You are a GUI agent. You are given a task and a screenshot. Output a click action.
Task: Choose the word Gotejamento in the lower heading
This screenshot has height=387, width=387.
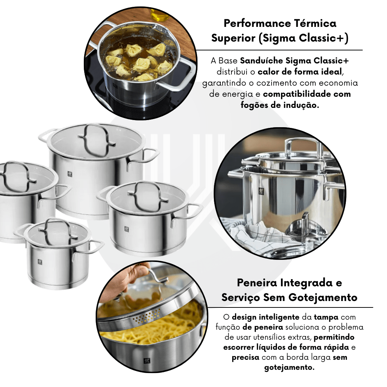pos(323,297)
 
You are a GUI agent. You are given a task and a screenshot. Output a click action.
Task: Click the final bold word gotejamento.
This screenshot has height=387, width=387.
pos(289,368)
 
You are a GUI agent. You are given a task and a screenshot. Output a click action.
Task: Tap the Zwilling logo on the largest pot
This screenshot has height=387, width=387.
pos(70,174)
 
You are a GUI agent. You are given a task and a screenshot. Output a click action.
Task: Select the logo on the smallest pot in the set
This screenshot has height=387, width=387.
pos(40,262)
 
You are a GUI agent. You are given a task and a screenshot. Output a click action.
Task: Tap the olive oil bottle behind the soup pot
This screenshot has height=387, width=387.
pos(159,15)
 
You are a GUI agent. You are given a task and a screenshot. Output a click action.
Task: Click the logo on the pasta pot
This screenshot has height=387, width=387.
pos(147,361)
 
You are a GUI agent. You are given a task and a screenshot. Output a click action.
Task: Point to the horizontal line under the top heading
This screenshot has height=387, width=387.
pos(279,50)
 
